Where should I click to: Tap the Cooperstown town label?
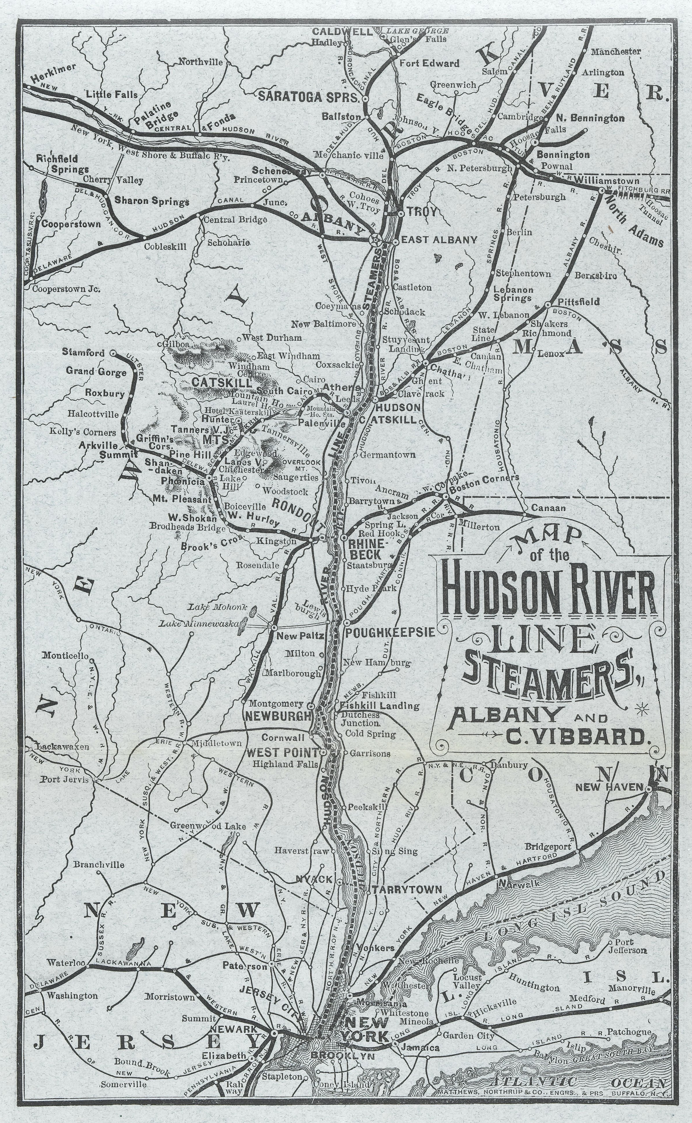(x=71, y=224)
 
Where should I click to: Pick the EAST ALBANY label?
(x=439, y=239)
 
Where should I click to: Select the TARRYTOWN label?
(x=406, y=890)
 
